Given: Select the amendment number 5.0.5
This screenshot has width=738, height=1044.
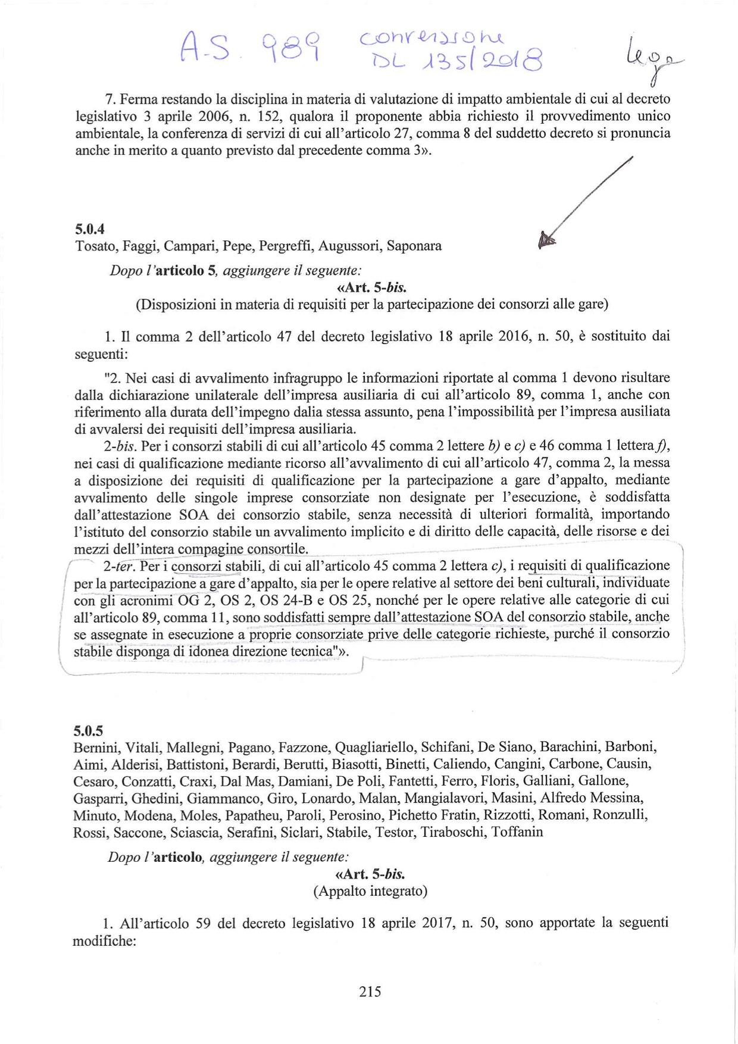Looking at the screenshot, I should (x=88, y=730).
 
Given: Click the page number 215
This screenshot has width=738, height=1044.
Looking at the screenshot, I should (x=370, y=991).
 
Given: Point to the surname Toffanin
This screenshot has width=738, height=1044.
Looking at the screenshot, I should (x=517, y=832).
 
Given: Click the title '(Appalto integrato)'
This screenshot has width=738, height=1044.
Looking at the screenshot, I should (x=370, y=891).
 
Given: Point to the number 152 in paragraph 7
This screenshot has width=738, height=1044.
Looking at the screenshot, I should (x=258, y=116).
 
